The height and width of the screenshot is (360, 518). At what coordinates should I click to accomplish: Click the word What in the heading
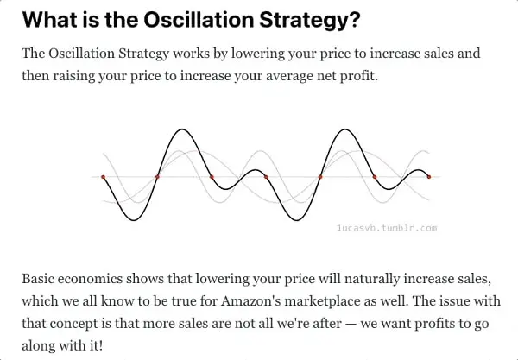click(x=47, y=19)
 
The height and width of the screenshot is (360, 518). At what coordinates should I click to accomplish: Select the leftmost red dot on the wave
click(x=103, y=177)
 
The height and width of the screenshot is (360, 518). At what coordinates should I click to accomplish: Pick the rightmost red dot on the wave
click(x=429, y=177)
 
